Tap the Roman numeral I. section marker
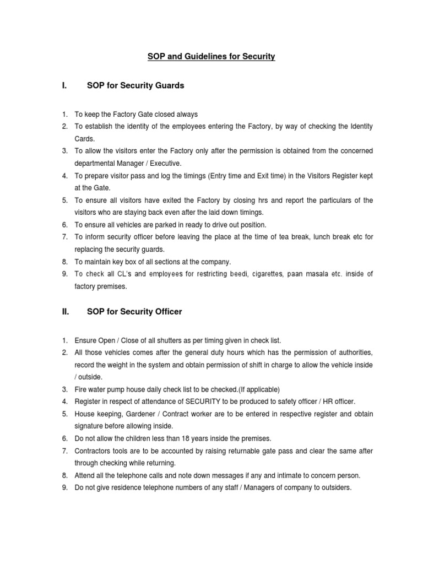(64, 85)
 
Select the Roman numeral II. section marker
(65, 312)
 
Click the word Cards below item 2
(84, 139)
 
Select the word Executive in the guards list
(164, 164)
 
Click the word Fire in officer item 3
(81, 389)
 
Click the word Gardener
(135, 414)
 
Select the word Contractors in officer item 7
(93, 451)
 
